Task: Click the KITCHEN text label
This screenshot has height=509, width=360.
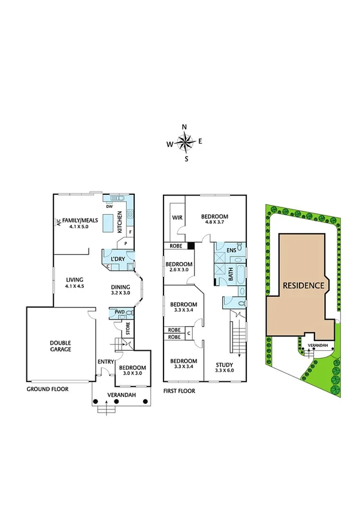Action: click(120, 222)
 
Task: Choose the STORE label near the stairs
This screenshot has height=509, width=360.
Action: click(128, 329)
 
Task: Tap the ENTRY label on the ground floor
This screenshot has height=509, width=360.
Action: click(106, 361)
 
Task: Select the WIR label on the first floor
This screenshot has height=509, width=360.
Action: click(177, 217)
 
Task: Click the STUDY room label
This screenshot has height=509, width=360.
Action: click(226, 363)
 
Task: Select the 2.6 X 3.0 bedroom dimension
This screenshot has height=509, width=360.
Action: click(179, 270)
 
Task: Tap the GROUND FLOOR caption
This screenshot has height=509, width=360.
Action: click(47, 389)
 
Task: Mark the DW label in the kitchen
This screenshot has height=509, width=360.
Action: click(109, 206)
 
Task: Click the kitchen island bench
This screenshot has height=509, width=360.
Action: click(110, 223)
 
